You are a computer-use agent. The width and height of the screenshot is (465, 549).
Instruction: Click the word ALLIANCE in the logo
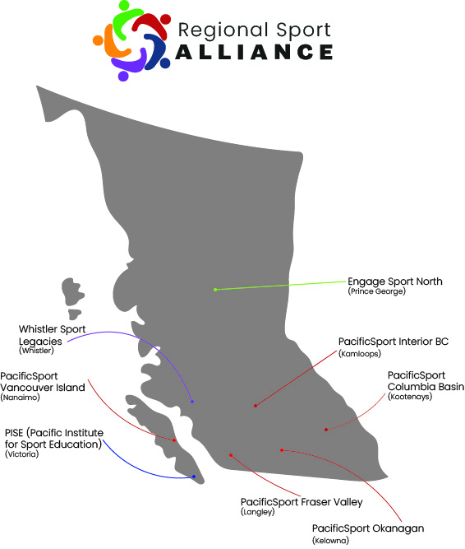254,52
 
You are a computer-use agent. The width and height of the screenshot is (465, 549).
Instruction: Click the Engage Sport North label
395,281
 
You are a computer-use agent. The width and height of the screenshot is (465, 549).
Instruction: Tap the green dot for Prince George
215,290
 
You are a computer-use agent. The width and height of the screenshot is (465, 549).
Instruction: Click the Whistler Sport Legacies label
52,335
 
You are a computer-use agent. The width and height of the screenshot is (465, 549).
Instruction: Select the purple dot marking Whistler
192,402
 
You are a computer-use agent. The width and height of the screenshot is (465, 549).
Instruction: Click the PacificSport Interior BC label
394,342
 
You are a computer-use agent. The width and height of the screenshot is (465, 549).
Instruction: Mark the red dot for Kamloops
256,406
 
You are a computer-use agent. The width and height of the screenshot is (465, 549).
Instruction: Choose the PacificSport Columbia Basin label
426,381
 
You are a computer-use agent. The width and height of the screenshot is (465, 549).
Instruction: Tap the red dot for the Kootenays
326,430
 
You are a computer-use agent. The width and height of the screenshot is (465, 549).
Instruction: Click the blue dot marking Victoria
194,477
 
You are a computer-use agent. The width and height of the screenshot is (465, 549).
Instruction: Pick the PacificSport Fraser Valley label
302,502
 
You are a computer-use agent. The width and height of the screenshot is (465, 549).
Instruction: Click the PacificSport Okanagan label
368,528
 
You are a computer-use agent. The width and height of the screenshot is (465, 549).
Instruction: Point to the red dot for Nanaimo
174,440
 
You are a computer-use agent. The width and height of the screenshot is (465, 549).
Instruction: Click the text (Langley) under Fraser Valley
257,512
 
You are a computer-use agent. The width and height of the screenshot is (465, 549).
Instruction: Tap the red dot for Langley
231,455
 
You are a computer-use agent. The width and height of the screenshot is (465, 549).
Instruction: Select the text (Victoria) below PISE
21,454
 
